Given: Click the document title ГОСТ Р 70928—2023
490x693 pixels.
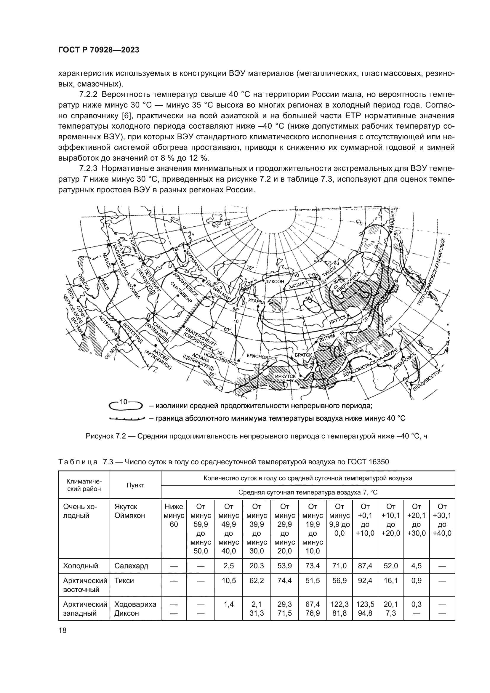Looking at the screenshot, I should pyautogui.click(x=99, y=50).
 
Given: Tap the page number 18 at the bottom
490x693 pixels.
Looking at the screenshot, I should pyautogui.click(x=63, y=630).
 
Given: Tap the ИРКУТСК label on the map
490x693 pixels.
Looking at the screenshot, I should pyautogui.click(x=285, y=376).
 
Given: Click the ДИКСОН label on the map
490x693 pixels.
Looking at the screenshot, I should pyautogui.click(x=275, y=281).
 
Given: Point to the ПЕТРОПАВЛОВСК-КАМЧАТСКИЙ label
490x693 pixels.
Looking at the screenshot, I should pyautogui.click(x=432, y=272).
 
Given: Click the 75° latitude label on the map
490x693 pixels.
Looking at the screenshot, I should pyautogui.click(x=250, y=268).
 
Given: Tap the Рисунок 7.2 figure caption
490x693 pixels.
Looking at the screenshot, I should pyautogui.click(x=257, y=436).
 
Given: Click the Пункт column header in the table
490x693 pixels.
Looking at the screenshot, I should pyautogui.click(x=135, y=485).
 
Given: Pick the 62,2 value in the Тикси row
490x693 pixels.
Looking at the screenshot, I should pyautogui.click(x=257, y=580).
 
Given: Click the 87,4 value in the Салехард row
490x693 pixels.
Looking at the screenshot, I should pyautogui.click(x=365, y=566).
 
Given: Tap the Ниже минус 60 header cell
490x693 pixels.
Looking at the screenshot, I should pyautogui.click(x=174, y=515).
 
